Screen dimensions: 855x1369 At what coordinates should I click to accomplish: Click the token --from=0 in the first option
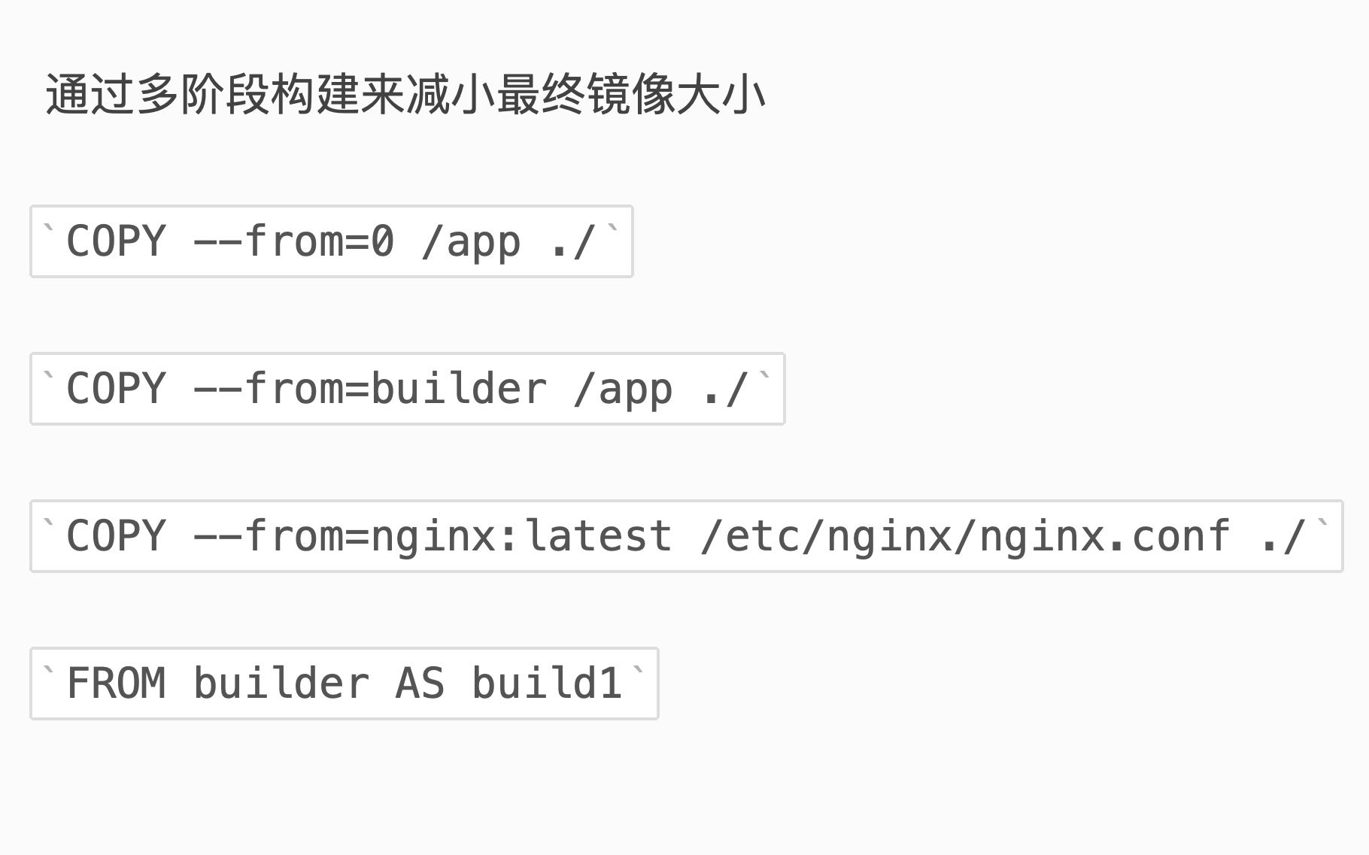click(x=293, y=241)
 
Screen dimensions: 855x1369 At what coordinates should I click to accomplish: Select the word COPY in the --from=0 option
click(x=116, y=241)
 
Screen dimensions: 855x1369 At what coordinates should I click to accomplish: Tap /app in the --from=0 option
click(x=471, y=241)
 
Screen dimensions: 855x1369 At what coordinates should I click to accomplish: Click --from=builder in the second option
click(x=369, y=389)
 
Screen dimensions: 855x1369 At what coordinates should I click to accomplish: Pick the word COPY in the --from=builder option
click(x=116, y=389)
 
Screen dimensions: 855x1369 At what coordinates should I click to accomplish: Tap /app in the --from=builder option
click(x=623, y=389)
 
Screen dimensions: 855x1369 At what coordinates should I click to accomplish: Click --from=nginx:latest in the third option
click(x=433, y=536)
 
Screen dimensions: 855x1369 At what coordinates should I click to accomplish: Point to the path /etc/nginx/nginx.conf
click(x=965, y=536)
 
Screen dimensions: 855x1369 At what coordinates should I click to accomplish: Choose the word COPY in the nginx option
click(x=116, y=536)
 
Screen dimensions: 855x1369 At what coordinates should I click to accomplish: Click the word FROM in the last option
click(x=116, y=684)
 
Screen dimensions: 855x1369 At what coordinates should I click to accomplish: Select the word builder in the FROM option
click(x=281, y=684)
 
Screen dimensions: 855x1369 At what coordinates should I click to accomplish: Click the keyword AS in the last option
click(x=420, y=684)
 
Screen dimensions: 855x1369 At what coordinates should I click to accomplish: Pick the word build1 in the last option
click(x=547, y=684)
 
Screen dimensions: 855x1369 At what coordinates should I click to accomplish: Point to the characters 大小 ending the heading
click(x=721, y=96)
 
